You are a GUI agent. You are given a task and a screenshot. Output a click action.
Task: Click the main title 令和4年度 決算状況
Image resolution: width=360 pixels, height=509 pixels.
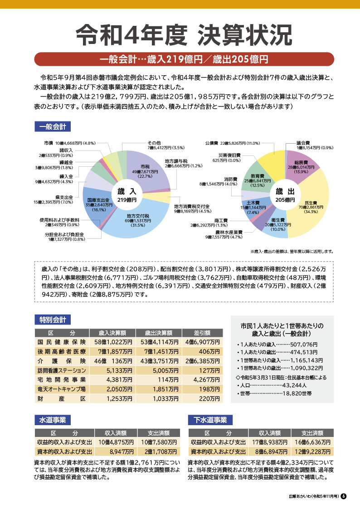[184, 35]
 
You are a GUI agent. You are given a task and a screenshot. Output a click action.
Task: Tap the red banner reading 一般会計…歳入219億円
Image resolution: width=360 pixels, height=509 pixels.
[184, 59]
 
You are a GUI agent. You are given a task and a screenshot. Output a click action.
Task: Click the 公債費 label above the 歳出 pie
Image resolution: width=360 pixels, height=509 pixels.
[211, 143]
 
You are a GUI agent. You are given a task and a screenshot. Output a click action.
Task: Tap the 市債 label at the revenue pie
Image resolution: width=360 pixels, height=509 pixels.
[49, 143]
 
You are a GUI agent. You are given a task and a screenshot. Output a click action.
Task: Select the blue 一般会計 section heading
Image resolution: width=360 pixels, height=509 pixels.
[53, 126]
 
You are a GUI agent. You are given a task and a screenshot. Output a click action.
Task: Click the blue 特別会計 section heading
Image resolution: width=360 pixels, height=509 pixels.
[53, 320]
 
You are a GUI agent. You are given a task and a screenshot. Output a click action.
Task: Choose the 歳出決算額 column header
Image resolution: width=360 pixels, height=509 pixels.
[158, 333]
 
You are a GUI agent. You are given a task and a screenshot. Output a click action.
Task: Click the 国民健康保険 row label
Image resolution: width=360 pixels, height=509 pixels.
[61, 342]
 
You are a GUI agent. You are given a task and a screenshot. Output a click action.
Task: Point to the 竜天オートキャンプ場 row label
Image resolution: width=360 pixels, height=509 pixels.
[61, 389]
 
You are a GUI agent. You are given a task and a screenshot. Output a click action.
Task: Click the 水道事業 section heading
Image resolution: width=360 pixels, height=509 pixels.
[53, 420]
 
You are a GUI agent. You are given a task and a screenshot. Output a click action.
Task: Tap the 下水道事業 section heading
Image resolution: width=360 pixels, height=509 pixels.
[210, 420]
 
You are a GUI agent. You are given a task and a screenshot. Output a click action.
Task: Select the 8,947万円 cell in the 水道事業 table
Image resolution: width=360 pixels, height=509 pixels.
[122, 451]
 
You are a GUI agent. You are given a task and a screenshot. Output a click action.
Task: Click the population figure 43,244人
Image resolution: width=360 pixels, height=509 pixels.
[295, 385]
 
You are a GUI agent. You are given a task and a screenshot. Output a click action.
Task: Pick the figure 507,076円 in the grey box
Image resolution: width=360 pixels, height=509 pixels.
[304, 344]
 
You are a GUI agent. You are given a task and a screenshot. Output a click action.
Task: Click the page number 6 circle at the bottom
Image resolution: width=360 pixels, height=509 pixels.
[344, 496]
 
